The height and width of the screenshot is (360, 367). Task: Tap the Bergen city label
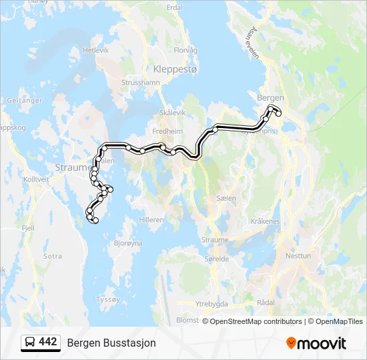tap(270, 97)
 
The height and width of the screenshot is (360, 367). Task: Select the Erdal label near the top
tap(174, 7)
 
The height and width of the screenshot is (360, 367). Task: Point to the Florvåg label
tap(186, 50)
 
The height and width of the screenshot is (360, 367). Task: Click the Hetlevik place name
tap(95, 50)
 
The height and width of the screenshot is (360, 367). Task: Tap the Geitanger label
tap(24, 101)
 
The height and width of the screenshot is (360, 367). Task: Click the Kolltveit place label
tap(37, 179)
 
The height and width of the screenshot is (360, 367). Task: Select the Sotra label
tap(52, 256)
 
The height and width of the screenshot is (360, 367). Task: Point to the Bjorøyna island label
tap(128, 243)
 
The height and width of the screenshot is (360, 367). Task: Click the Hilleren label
tap(151, 219)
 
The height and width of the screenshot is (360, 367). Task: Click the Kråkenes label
tap(266, 221)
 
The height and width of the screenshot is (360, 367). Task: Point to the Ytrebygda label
tap(212, 303)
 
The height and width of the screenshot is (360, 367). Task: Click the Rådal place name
tap(265, 302)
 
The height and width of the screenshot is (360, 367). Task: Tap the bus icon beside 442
tap(30, 343)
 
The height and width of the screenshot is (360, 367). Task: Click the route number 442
tap(48, 342)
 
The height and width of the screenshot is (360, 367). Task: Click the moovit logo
tap(316, 343)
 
